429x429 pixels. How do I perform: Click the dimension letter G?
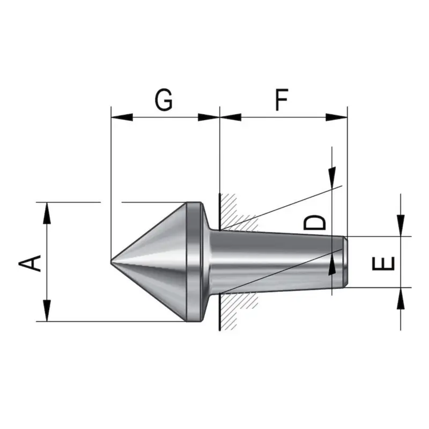164,100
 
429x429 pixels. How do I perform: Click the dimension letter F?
282,100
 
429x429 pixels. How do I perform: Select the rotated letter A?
30,263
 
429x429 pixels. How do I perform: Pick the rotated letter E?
383,263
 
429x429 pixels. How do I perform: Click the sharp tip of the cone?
111,262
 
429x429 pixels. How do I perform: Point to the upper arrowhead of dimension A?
47,213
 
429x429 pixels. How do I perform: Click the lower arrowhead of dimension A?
47,310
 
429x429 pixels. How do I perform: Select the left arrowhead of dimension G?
122,117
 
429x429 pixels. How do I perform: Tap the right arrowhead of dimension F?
337,117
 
